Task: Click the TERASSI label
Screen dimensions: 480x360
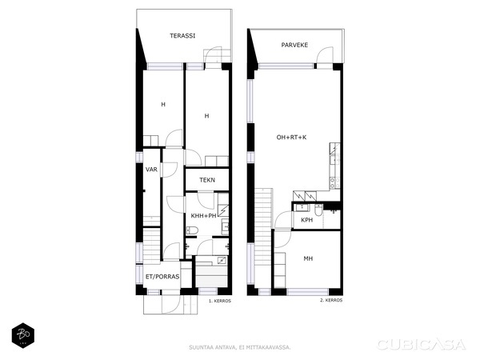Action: pos(182,36)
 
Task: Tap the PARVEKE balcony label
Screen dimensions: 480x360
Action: pos(294,45)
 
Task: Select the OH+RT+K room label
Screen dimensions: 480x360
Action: pos(291,138)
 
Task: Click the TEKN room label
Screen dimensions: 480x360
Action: pos(207,180)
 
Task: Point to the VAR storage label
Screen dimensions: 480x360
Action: pos(151,170)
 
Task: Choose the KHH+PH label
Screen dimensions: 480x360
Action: pos(203,216)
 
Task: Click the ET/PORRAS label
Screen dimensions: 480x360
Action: pos(162,277)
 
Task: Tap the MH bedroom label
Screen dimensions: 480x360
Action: pos(308,258)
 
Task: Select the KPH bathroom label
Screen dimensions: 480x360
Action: pos(306,220)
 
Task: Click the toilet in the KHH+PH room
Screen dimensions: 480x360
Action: pos(192,230)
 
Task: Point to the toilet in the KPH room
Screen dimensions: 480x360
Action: pos(318,210)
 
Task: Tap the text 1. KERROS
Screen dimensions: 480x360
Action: pos(220,301)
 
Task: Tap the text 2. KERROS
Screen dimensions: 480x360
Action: pos(331,300)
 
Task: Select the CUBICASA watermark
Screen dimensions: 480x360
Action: pos(422,345)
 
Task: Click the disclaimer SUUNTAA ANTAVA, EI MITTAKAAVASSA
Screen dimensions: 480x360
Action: pos(240,347)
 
